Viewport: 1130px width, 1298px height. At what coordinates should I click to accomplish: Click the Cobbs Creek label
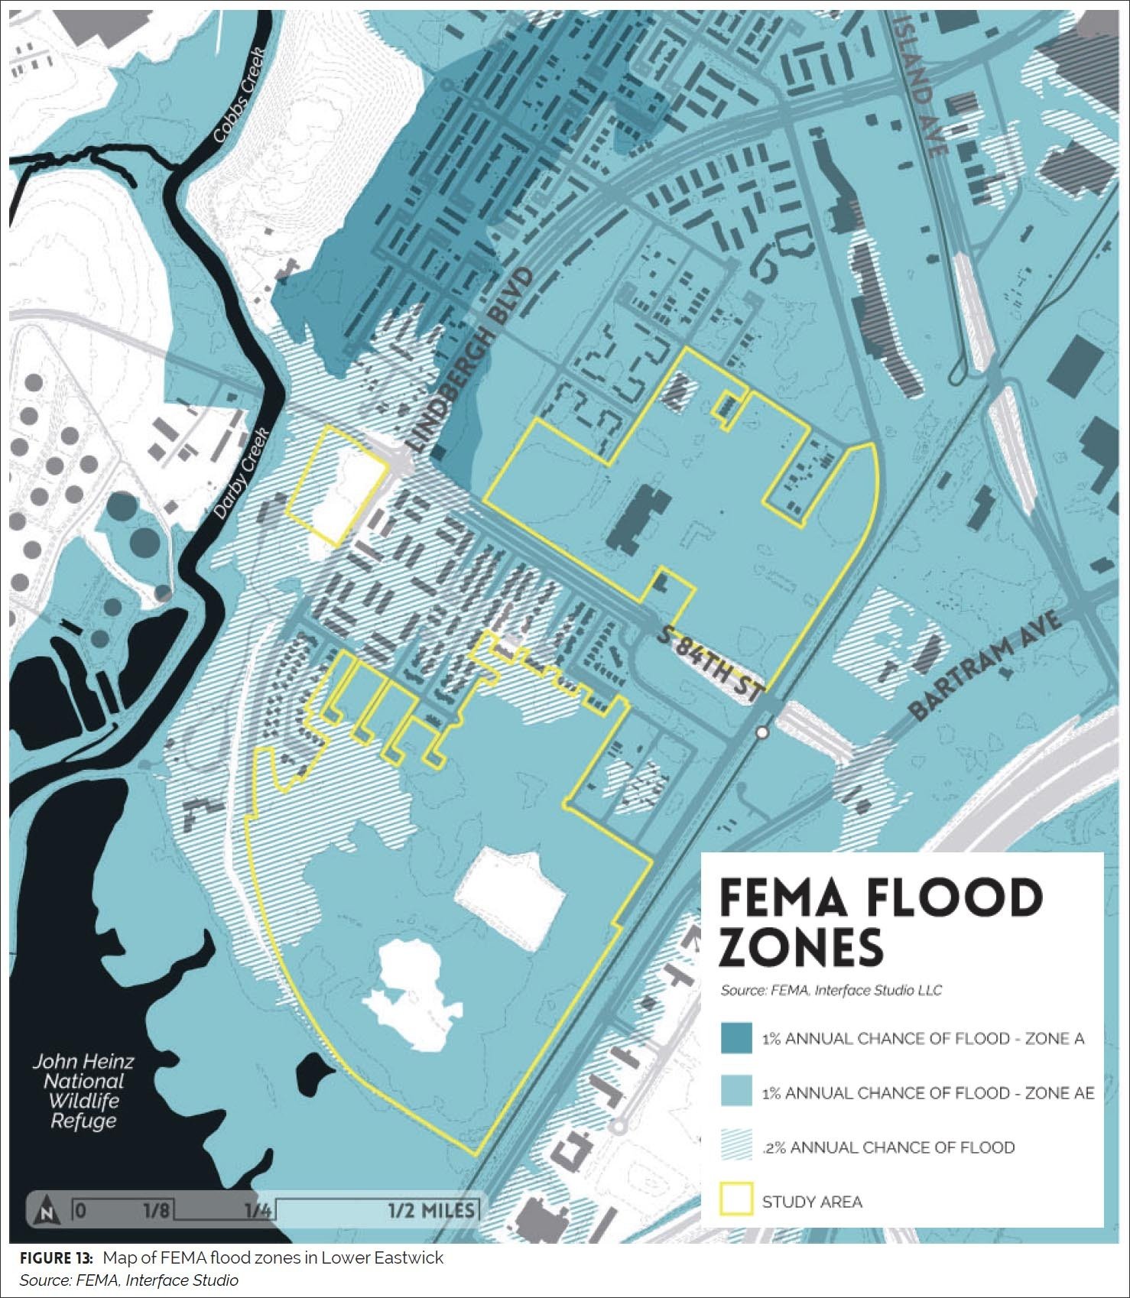click(239, 96)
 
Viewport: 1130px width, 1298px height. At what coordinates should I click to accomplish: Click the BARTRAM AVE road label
click(986, 664)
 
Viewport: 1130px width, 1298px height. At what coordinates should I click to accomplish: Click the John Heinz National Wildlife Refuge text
click(83, 1091)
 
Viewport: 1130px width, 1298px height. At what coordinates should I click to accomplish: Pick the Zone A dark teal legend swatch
click(736, 1038)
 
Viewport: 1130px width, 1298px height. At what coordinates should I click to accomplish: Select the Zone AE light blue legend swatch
click(736, 1092)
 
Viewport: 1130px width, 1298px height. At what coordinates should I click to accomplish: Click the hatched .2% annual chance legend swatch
click(736, 1147)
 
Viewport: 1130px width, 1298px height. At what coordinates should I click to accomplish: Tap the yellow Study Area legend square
click(736, 1201)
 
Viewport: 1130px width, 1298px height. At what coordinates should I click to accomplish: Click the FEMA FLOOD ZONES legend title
click(879, 921)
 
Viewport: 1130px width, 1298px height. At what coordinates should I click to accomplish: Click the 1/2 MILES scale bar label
click(430, 1211)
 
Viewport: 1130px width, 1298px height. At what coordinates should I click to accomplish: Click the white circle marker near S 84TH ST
click(761, 733)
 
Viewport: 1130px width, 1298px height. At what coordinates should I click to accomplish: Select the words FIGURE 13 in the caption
click(56, 1258)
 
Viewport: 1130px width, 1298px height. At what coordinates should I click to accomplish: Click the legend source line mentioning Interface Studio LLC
click(831, 991)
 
